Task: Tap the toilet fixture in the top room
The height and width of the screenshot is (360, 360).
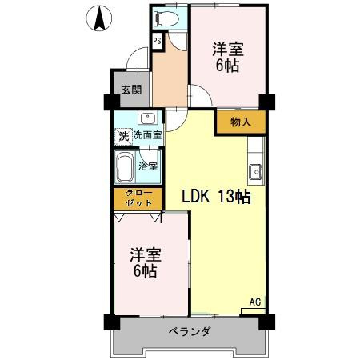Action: [166, 17]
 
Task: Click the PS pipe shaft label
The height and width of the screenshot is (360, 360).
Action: [157, 39]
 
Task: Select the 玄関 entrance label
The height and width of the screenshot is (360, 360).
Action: [130, 89]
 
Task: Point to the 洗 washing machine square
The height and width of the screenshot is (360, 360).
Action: [123, 136]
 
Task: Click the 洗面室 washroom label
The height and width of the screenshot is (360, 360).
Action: [147, 136]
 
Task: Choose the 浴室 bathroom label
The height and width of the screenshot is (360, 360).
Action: [148, 167]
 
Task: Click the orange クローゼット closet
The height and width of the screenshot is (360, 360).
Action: [137, 199]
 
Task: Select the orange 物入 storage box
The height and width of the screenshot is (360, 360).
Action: [239, 122]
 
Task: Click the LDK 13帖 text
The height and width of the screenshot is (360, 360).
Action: [216, 197]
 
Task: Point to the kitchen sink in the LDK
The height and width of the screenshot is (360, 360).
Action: [256, 170]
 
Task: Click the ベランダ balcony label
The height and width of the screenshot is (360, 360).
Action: [188, 331]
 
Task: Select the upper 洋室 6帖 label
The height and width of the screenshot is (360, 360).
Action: [227, 58]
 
